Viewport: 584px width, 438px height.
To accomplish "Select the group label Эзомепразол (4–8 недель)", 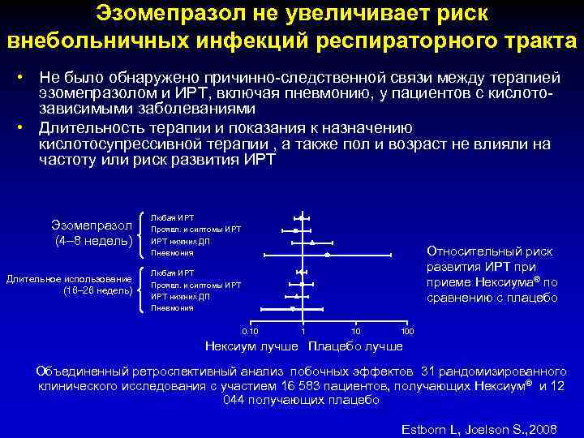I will pos(92,232).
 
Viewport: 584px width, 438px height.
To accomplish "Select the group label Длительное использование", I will pos(69,279).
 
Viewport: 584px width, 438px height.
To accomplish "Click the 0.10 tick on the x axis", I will pos(251,331).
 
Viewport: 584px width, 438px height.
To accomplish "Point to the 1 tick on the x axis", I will pos(303,331).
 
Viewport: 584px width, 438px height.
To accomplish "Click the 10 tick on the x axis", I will pos(355,331).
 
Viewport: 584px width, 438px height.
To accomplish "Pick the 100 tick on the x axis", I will pos(407,331).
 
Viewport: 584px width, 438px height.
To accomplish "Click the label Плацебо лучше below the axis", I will pos(354,346).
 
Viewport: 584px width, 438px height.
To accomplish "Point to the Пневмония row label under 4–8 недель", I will pos(172,253).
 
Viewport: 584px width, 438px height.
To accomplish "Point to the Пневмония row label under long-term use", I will pos(172,308).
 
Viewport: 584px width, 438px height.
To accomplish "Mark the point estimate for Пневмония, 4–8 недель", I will pos(327,255).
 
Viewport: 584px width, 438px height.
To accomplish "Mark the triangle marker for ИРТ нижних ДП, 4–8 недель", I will pos(312,243).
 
